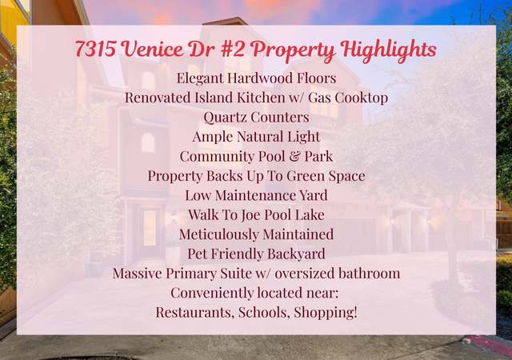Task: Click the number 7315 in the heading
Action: (x=95, y=48)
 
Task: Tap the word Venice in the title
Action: (x=154, y=48)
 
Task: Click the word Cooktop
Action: (x=362, y=98)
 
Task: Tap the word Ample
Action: (x=212, y=137)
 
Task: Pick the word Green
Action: (x=302, y=176)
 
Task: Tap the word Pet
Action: (x=198, y=254)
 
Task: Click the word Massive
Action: (x=137, y=273)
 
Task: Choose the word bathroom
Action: (x=369, y=273)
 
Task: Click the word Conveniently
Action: (x=211, y=293)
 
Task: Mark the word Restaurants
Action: (x=195, y=312)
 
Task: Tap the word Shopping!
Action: (x=326, y=312)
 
